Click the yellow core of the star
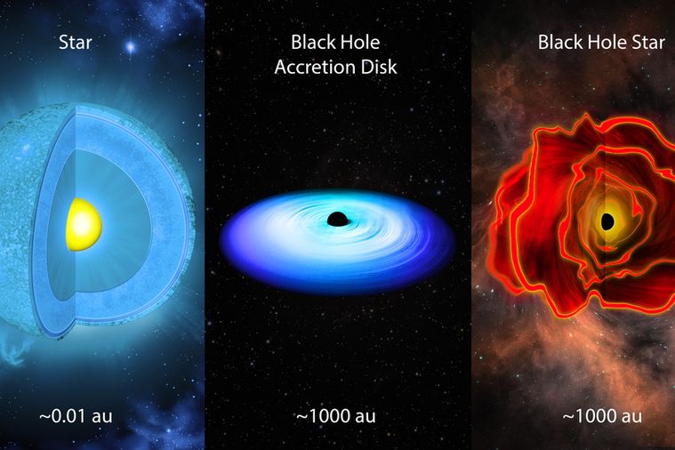click(84, 224)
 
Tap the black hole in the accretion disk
click(337, 219)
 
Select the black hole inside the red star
click(607, 221)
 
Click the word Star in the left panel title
click(76, 43)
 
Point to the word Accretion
click(316, 68)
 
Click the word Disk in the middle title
click(379, 68)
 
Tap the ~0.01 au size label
click(76, 416)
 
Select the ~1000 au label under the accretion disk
click(336, 416)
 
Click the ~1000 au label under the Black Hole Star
click(602, 416)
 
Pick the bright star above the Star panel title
click(130, 46)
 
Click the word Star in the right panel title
click(648, 42)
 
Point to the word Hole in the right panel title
click(607, 42)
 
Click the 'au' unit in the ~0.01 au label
click(102, 417)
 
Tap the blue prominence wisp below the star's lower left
click(15, 351)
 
